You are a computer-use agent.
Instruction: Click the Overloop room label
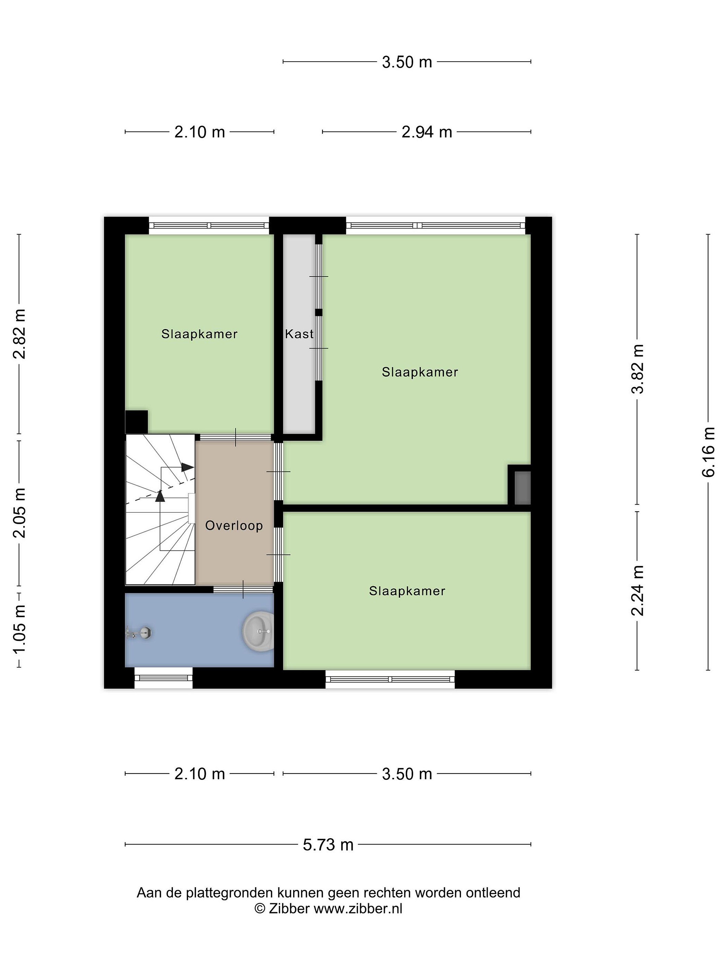(x=234, y=525)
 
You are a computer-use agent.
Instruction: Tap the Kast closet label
(x=299, y=334)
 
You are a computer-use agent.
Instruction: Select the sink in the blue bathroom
(x=258, y=631)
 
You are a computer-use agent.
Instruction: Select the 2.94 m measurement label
(x=426, y=132)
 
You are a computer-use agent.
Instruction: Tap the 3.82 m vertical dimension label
(x=637, y=369)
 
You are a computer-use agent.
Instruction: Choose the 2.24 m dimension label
(x=637, y=590)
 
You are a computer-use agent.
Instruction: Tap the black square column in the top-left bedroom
(x=136, y=422)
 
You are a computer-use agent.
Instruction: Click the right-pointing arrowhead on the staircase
(x=187, y=467)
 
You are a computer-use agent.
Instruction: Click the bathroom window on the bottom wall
(x=164, y=678)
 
